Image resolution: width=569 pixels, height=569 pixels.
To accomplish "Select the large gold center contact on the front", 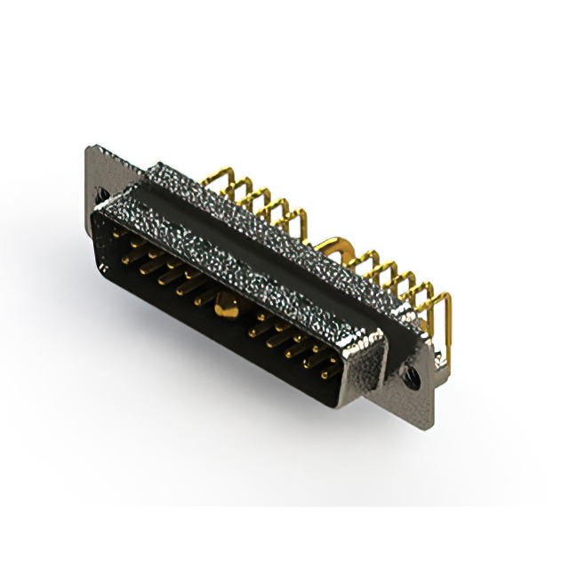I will click(223, 311).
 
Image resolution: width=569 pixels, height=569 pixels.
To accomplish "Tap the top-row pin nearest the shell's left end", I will click(124, 234).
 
